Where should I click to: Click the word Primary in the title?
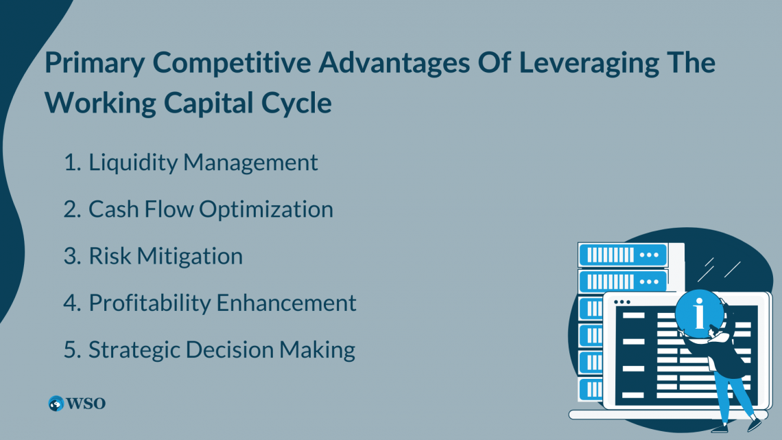tap(94, 64)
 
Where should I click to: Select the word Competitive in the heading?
tap(231, 63)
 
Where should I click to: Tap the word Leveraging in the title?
tap(589, 64)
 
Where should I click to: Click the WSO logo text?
tap(86, 403)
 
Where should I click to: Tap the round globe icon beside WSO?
tap(56, 403)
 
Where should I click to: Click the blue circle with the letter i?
tap(700, 314)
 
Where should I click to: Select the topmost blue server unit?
tap(623, 255)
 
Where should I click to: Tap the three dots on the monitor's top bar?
tap(622, 302)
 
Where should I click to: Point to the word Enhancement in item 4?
tap(286, 303)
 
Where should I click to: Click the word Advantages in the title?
tap(394, 64)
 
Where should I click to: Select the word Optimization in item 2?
tap(266, 209)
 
